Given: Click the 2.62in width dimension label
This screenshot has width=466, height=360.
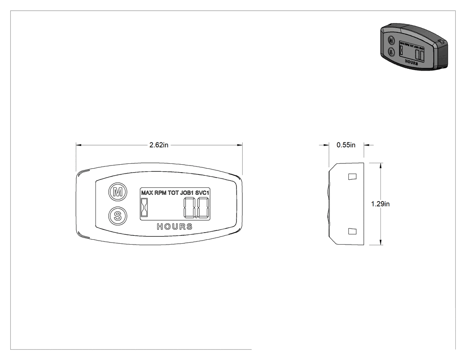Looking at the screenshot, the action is (x=159, y=145).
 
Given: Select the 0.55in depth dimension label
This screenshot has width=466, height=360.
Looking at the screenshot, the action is (x=346, y=145).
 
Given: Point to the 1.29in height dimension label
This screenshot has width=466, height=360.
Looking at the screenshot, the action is (x=380, y=204).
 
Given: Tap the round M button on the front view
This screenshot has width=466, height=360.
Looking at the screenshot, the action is (x=118, y=192).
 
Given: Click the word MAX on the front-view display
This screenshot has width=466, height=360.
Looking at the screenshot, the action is (x=147, y=193).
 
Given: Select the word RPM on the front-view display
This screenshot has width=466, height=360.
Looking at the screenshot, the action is (x=161, y=193).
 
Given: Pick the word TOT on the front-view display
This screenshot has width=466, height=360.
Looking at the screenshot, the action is (x=173, y=193).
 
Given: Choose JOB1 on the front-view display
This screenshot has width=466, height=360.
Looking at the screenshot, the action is (x=187, y=193).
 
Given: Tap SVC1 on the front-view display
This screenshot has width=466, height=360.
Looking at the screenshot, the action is (x=202, y=193).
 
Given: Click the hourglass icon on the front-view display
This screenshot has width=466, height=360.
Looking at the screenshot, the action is (x=144, y=207).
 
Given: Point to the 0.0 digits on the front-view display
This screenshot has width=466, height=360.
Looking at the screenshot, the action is (x=197, y=208).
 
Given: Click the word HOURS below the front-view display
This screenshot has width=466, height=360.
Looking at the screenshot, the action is (x=175, y=227).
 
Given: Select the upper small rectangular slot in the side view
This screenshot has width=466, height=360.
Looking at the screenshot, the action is (x=352, y=177).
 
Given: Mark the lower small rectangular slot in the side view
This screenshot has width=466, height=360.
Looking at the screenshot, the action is (x=352, y=231).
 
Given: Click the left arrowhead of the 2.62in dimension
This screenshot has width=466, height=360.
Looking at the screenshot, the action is (x=79, y=145).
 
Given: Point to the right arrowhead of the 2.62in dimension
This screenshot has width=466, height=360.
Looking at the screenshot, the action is (x=240, y=145).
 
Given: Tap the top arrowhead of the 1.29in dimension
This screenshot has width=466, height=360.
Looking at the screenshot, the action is (x=381, y=166).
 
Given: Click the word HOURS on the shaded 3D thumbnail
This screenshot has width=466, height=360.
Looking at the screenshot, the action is (x=411, y=63).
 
